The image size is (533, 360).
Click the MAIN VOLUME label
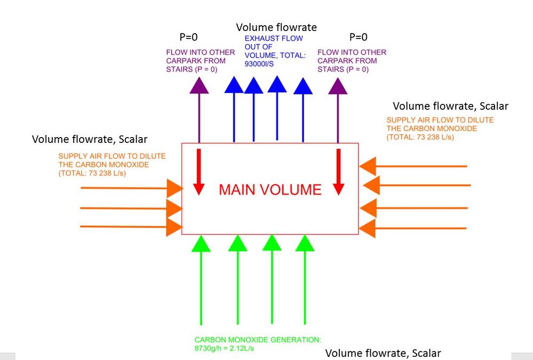271,190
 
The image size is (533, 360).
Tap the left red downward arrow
199,172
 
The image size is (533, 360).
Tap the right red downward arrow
339,172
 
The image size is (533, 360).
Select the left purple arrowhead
199,85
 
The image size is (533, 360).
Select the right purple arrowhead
338,86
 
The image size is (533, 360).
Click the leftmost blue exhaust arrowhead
234,85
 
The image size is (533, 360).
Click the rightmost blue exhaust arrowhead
303,86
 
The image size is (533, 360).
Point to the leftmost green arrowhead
201,244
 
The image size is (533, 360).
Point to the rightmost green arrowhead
305,243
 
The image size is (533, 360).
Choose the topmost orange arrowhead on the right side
368,166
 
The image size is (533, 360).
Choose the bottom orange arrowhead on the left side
174,227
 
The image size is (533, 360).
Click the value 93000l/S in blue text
259,64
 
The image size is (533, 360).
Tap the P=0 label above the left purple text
189,37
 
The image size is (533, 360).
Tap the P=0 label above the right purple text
359,37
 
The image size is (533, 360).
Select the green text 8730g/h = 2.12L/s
224,348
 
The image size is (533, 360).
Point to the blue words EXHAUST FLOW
274,38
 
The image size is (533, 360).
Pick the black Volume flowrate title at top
276,27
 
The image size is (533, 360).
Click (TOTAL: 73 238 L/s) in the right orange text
420,137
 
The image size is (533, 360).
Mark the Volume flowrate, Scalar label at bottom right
383,353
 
